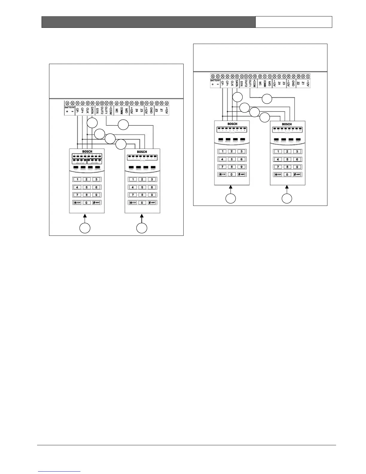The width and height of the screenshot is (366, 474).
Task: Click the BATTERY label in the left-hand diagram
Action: point(70,107)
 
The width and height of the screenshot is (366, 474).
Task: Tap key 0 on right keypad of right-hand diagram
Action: point(287,174)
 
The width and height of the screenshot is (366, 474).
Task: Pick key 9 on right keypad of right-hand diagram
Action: point(297,167)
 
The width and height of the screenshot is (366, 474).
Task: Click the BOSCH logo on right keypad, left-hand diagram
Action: point(142,152)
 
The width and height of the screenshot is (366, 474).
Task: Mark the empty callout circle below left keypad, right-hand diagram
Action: point(230,199)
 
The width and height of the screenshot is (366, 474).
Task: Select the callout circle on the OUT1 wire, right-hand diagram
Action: point(267,99)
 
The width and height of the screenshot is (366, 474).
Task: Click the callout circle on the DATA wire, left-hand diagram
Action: point(92,123)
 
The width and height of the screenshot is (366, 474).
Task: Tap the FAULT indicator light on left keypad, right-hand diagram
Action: point(235,140)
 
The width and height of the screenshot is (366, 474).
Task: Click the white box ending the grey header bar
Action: point(294,22)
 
